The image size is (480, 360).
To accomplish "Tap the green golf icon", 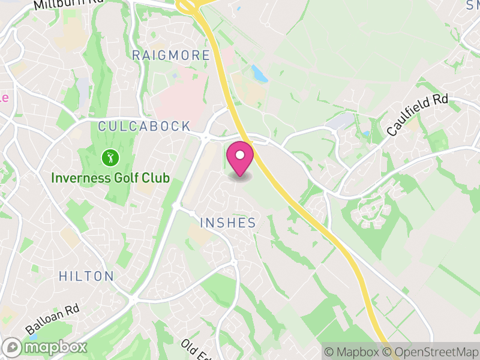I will click(110, 158).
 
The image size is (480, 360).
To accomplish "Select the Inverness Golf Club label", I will click(110, 178).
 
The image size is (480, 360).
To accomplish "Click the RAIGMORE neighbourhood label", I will click(171, 56).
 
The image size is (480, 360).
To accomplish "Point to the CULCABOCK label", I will click(144, 127).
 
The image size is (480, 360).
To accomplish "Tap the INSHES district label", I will click(228, 223).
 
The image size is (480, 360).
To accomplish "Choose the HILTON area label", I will click(86, 277).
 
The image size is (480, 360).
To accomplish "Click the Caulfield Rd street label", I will click(418, 115).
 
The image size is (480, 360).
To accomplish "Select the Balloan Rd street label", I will click(53, 319).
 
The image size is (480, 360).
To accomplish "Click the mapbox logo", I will click(45, 347).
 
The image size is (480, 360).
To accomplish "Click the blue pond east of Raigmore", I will click(260, 74).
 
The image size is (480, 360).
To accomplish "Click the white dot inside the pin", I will click(240, 155).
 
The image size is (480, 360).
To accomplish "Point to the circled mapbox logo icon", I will click(12, 347).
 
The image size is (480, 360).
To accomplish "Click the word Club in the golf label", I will click(157, 178).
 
